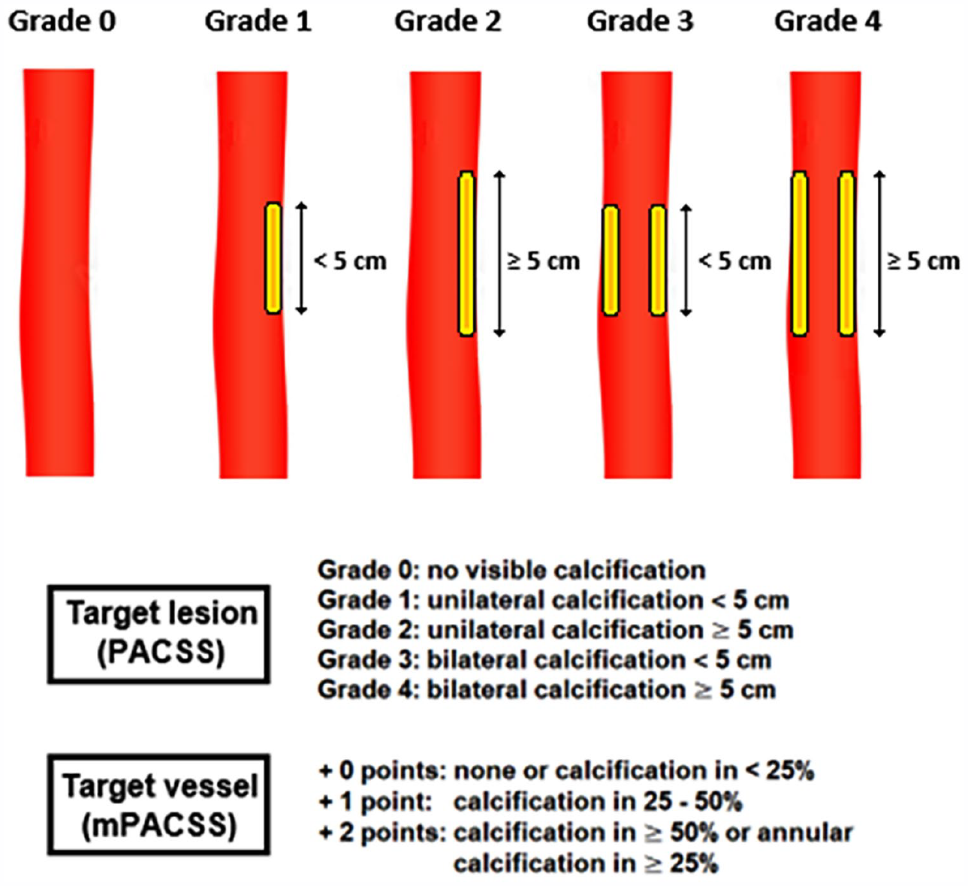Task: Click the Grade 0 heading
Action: (x=62, y=22)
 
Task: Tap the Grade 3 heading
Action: (x=640, y=22)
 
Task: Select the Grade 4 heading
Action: (x=828, y=22)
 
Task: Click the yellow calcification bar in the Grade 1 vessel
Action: (x=273, y=258)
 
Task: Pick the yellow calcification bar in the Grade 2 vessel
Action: (x=466, y=253)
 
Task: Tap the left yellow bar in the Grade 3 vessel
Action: (x=611, y=261)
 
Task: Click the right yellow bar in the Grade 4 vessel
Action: (x=847, y=253)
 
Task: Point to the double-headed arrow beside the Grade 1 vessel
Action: (x=301, y=258)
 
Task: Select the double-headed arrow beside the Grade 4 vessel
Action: (x=879, y=253)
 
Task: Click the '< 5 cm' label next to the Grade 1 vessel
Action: (x=351, y=261)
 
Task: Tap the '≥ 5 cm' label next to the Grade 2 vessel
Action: (x=544, y=261)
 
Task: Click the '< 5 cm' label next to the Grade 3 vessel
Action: (x=735, y=261)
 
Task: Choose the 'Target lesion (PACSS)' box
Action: (x=158, y=634)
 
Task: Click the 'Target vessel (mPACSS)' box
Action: (x=158, y=806)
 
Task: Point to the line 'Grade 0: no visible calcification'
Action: (x=511, y=571)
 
